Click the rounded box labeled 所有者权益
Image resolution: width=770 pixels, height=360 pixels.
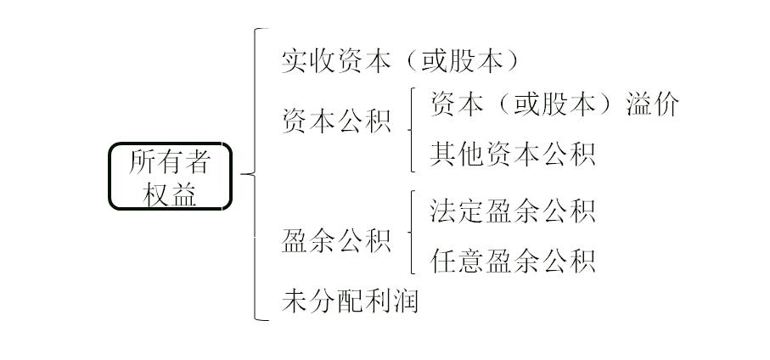click(170, 176)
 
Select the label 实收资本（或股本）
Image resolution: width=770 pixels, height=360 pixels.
click(399, 61)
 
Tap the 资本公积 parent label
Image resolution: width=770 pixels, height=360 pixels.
click(336, 121)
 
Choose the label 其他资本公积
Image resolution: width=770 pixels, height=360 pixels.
click(513, 154)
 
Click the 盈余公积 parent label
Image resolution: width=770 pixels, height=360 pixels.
click(336, 241)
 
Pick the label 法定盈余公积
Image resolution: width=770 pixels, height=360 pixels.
click(513, 211)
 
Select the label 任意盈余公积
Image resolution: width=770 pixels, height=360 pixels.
click(513, 260)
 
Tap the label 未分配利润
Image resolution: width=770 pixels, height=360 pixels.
click(350, 301)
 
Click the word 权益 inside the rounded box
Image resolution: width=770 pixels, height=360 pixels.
click(170, 194)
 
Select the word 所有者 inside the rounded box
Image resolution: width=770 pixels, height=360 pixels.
click(170, 161)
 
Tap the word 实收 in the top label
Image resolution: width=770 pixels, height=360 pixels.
click(308, 61)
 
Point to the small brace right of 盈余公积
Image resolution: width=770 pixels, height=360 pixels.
click(412, 233)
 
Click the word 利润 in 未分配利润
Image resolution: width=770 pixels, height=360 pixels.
click(391, 301)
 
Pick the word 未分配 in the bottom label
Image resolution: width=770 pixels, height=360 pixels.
click(323, 301)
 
